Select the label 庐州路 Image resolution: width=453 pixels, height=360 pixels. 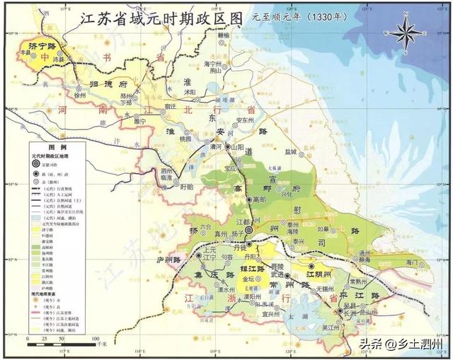click(x=172, y=257)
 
